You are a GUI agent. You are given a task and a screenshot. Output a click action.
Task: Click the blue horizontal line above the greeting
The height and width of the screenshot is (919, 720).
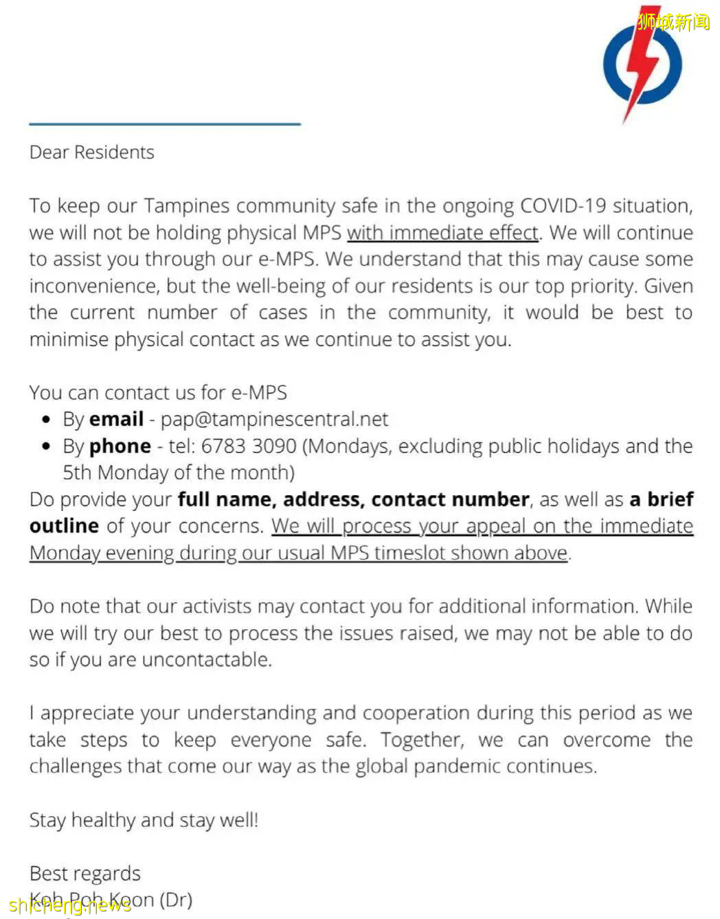pyautogui.click(x=165, y=124)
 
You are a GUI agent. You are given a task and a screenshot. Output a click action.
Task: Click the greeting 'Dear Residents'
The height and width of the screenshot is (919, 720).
pyautogui.click(x=92, y=152)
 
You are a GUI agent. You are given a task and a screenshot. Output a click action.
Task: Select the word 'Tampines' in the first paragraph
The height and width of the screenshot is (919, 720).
pyautogui.click(x=185, y=206)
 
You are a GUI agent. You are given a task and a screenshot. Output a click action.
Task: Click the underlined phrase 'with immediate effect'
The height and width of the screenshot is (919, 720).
pyautogui.click(x=443, y=233)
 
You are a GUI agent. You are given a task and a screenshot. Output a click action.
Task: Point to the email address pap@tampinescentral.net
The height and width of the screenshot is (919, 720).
pyautogui.click(x=274, y=419)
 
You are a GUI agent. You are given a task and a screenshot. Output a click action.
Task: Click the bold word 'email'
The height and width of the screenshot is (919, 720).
pyautogui.click(x=116, y=419)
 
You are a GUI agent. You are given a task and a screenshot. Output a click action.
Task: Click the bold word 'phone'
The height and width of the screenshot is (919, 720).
pyautogui.click(x=120, y=446)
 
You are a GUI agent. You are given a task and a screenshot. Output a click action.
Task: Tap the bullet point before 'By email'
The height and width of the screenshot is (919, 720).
pyautogui.click(x=46, y=420)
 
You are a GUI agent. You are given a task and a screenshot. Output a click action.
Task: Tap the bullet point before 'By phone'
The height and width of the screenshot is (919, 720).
pyautogui.click(x=46, y=446)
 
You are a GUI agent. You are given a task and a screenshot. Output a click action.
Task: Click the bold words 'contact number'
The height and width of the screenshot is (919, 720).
pyautogui.click(x=451, y=499)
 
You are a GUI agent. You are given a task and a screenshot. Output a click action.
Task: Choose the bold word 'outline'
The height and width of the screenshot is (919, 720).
pyautogui.click(x=64, y=526)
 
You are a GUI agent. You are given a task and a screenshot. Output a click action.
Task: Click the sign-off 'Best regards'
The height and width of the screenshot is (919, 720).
pyautogui.click(x=85, y=874)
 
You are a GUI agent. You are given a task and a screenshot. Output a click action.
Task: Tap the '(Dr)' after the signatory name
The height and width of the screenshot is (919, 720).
pyautogui.click(x=176, y=900)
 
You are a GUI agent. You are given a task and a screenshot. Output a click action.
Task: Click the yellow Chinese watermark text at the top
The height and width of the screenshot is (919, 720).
pyautogui.click(x=673, y=22)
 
